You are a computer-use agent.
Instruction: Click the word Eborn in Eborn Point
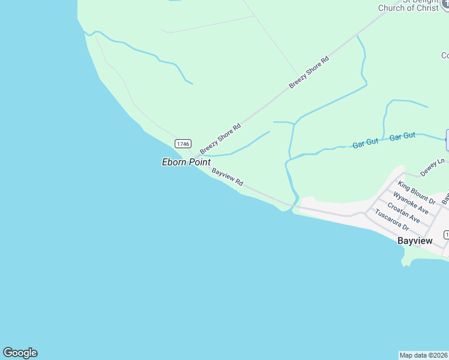pos(175,162)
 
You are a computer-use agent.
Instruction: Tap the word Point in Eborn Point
pos(199,162)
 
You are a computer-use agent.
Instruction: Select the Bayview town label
pos(415,241)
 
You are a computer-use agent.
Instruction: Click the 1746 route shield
pos(183,143)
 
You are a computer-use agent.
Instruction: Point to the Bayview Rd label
pos(228,176)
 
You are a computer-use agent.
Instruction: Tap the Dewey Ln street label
pos(432,167)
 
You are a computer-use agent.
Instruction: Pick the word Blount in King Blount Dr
pos(420,194)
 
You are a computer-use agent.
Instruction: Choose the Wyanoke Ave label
pos(411,203)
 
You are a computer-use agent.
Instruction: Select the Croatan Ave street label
pos(403,212)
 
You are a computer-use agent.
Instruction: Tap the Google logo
pos(20,353)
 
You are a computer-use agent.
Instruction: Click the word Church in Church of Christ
pos(393,8)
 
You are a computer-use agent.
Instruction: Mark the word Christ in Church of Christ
pos(427,8)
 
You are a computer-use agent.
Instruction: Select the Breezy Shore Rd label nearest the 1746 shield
pos(220,138)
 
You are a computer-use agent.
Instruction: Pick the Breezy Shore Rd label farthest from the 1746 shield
pos(309,73)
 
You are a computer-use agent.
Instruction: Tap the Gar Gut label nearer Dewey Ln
pos(402,137)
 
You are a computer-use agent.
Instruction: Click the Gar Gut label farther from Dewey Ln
pos(366,143)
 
